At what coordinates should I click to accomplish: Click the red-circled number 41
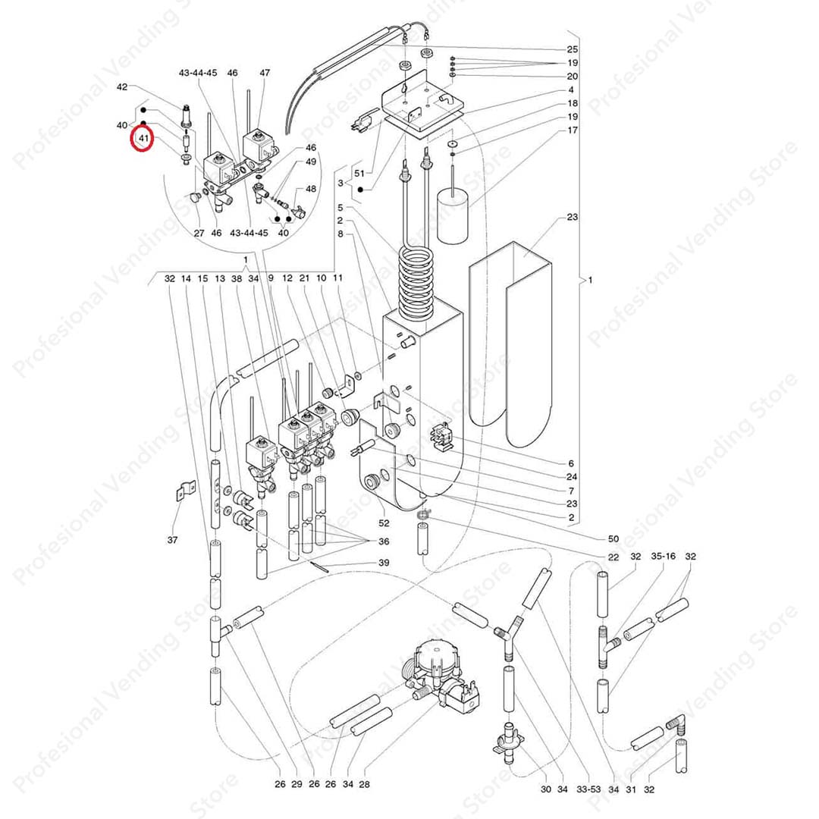click(142, 139)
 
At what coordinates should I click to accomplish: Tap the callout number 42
click(122, 87)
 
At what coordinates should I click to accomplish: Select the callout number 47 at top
click(265, 73)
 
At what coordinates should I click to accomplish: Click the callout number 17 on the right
click(572, 130)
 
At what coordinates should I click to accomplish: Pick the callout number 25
click(572, 49)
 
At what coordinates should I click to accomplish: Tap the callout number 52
click(384, 523)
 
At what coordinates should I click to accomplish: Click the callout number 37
click(174, 540)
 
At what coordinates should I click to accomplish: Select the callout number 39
click(384, 563)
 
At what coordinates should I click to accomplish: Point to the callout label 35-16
click(663, 557)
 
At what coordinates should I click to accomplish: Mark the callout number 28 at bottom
click(365, 784)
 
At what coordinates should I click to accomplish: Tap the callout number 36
click(384, 541)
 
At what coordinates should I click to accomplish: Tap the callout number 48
click(311, 189)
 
